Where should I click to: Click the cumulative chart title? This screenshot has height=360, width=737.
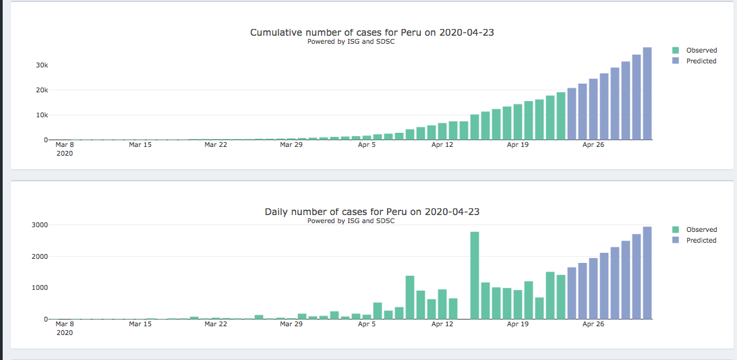coord(372,32)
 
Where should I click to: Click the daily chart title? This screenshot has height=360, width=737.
coord(372,212)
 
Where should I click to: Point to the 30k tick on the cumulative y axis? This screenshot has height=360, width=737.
coord(42,65)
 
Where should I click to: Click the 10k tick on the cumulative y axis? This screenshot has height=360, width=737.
coord(42,115)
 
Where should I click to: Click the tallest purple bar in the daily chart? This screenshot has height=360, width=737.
coord(647,272)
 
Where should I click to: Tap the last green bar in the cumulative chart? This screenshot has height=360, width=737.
coord(561,116)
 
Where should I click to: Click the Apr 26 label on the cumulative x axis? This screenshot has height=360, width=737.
coord(593,144)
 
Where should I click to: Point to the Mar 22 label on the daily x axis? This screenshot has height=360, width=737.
coord(216,324)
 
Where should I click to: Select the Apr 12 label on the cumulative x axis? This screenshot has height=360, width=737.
coord(442,144)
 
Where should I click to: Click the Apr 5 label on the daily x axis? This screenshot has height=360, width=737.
coord(367,324)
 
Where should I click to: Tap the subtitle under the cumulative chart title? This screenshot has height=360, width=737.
coord(351,42)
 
